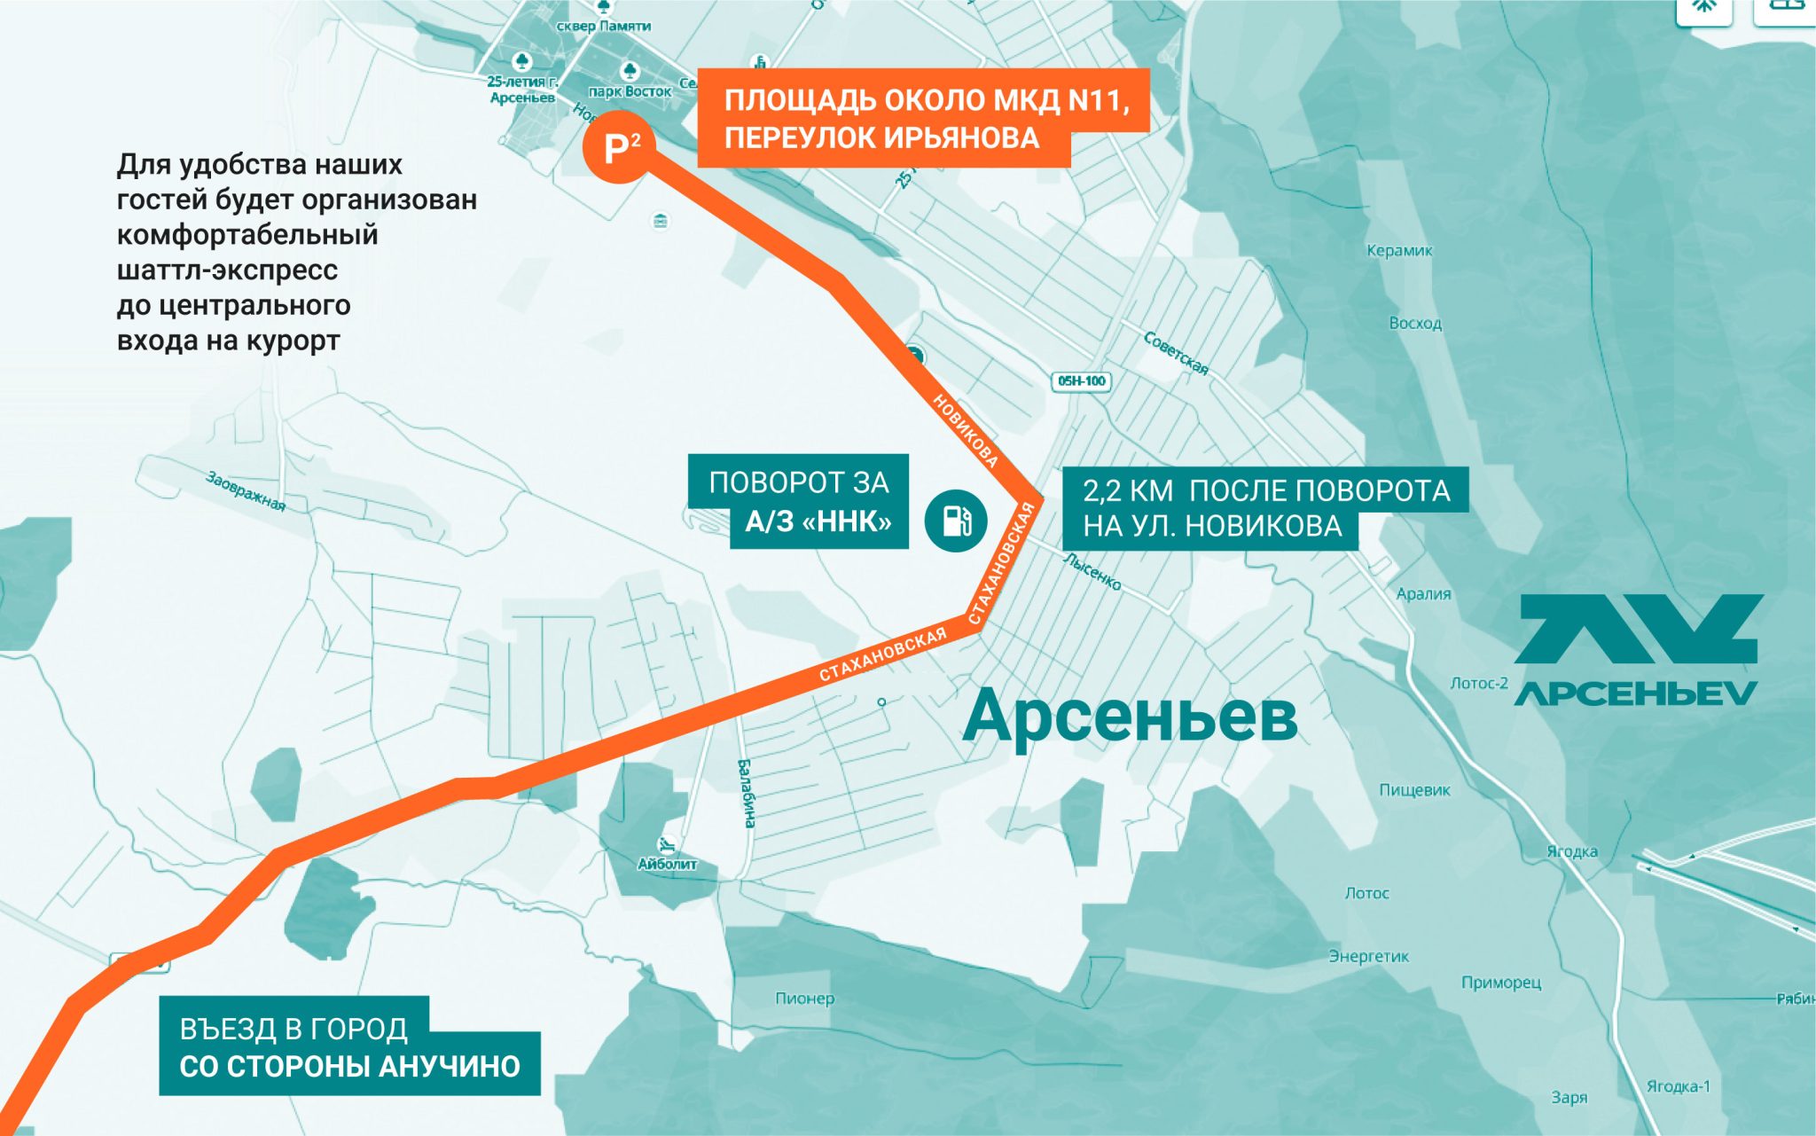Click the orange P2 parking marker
(619, 148)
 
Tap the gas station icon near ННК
(956, 521)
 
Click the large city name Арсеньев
(1130, 717)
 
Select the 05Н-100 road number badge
(1081, 381)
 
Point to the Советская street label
(1176, 353)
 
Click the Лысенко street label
(1092, 573)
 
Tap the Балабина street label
(748, 793)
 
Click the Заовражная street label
(246, 490)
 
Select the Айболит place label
(667, 864)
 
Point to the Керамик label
(1399, 251)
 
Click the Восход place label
(1415, 324)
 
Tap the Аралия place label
(1423, 594)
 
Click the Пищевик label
(1414, 790)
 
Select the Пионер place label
(804, 999)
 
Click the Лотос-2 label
(1478, 684)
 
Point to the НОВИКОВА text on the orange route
(966, 430)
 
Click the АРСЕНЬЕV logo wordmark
(1636, 693)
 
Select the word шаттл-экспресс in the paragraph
(227, 270)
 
